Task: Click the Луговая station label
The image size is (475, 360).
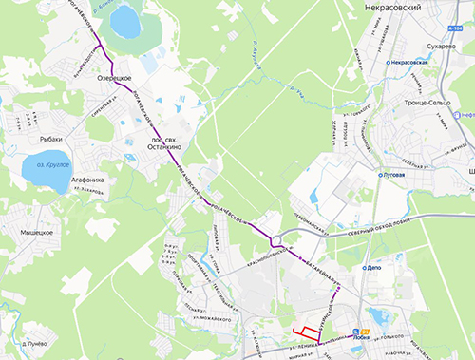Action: point(391,176)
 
